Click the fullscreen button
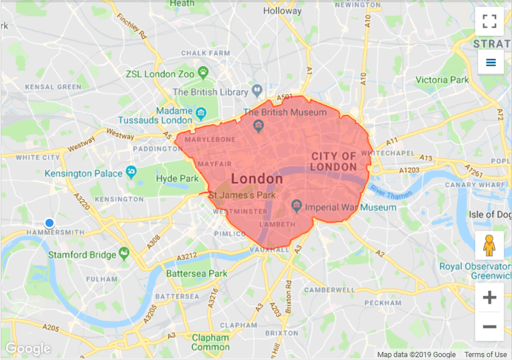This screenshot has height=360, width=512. click(490, 20)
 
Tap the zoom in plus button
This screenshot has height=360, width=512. click(490, 297)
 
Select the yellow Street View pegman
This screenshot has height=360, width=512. click(490, 245)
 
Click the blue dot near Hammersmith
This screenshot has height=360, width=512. click(49, 222)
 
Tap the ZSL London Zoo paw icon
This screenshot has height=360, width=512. click(203, 72)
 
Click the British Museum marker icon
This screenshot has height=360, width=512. click(259, 124)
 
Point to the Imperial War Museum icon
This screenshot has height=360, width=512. click(296, 206)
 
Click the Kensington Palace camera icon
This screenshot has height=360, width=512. click(131, 171)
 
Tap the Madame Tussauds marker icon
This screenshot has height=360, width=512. click(201, 114)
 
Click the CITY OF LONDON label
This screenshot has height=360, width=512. click(333, 161)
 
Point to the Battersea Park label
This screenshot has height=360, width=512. click(196, 274)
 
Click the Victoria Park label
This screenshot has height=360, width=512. click(442, 80)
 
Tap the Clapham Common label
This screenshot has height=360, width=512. click(211, 342)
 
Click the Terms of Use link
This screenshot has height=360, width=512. click(486, 354)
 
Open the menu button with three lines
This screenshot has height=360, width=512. click(491, 62)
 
